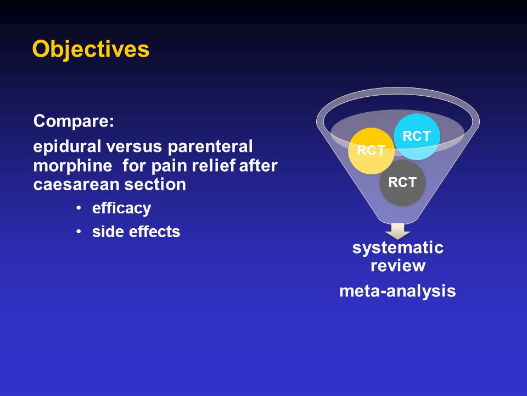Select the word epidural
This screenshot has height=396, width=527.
pyautogui.click(x=67, y=147)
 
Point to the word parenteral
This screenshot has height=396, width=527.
pyautogui.click(x=210, y=147)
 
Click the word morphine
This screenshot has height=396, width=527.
pyautogui.click(x=72, y=166)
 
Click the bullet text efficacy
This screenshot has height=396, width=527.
pyautogui.click(x=122, y=208)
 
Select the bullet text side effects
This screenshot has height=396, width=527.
pyautogui.click(x=136, y=232)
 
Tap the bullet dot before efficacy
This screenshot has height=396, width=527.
pyautogui.click(x=79, y=208)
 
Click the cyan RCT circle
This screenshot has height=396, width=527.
pyautogui.click(x=417, y=136)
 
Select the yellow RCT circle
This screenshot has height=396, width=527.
pyautogui.click(x=371, y=151)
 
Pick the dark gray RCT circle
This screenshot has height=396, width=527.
pyautogui.click(x=402, y=183)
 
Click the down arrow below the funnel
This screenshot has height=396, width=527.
pyautogui.click(x=397, y=231)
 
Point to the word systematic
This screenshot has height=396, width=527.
pyautogui.click(x=398, y=248)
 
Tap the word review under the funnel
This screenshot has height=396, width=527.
pyautogui.click(x=398, y=266)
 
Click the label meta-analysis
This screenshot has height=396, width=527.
pyautogui.click(x=397, y=291)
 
